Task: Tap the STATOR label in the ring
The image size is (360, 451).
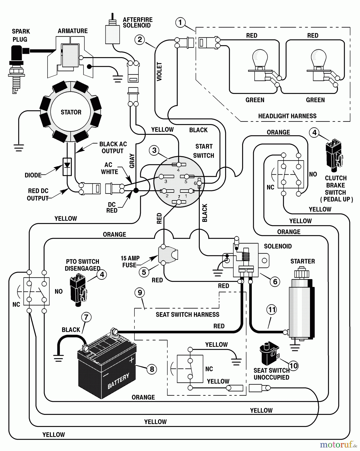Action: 71,112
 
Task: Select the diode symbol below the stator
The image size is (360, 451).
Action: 67,167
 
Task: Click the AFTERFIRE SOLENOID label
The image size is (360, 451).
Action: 137,23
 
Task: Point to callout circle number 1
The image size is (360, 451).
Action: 180,23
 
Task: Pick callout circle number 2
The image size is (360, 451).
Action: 140,39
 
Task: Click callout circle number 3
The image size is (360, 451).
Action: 154,150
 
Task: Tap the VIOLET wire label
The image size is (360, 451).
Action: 159,72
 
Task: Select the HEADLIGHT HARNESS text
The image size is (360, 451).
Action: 287,116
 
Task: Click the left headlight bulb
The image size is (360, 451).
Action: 260,59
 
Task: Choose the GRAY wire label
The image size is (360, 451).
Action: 132,161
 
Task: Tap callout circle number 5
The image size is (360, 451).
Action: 144,272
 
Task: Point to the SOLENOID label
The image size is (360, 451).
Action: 278,246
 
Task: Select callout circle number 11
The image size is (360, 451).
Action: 272,310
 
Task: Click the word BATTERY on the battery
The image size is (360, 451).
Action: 118,381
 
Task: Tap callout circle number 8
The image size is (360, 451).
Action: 152,369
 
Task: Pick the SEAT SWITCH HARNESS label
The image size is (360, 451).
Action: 187,315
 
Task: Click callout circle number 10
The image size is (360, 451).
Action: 293,366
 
